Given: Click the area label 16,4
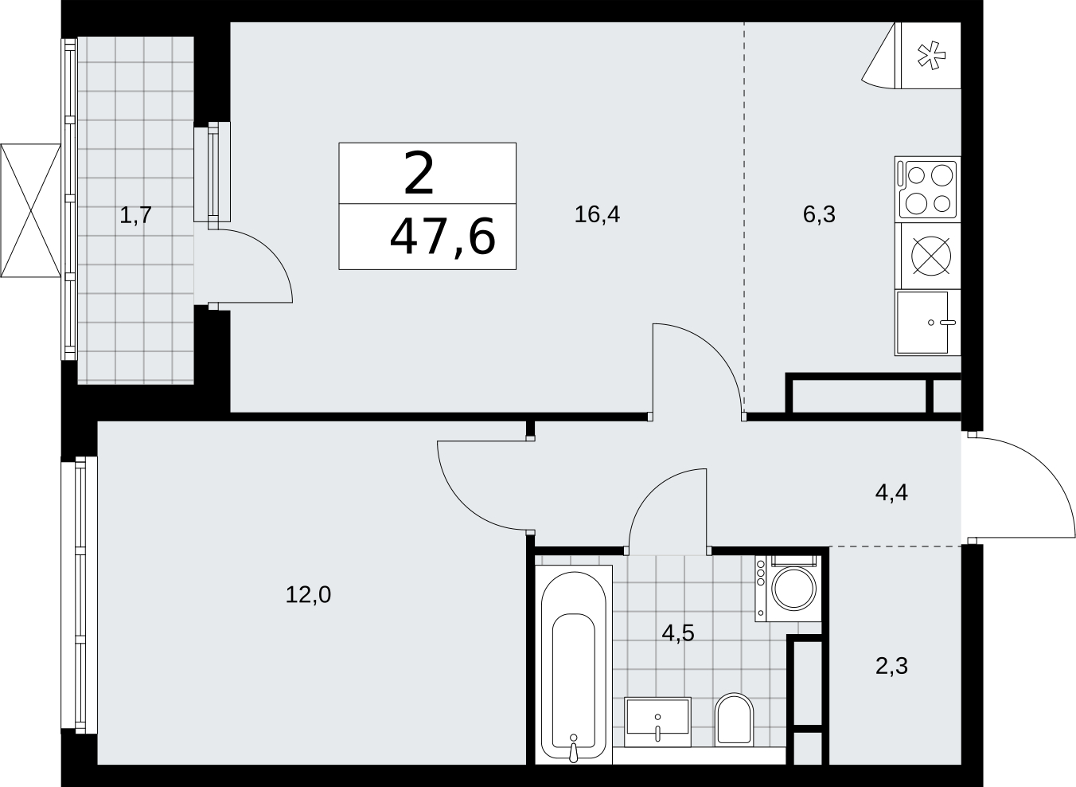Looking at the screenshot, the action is coord(597,214).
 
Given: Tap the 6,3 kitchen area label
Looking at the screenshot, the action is coord(819,214).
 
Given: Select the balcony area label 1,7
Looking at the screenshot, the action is coord(135,215).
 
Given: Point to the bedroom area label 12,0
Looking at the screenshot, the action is coord(308,595).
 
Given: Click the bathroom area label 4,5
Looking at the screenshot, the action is coord(678,633).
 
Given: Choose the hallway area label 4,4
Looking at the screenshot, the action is coord(891,493).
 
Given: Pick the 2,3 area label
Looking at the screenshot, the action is coord(891,667).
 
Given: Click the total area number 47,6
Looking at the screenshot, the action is coord(442,237).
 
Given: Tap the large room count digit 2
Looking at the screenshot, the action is coord(419,173).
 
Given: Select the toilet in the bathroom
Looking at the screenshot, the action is coord(734,720).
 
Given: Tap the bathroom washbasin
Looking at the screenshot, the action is coord(657,722).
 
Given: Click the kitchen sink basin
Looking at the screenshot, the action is coord(922,323).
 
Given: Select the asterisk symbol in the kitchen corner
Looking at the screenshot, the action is coord(931,56).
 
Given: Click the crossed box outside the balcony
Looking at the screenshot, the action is coord(31,210).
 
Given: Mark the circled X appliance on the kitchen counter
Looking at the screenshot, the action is coord(931,256).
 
